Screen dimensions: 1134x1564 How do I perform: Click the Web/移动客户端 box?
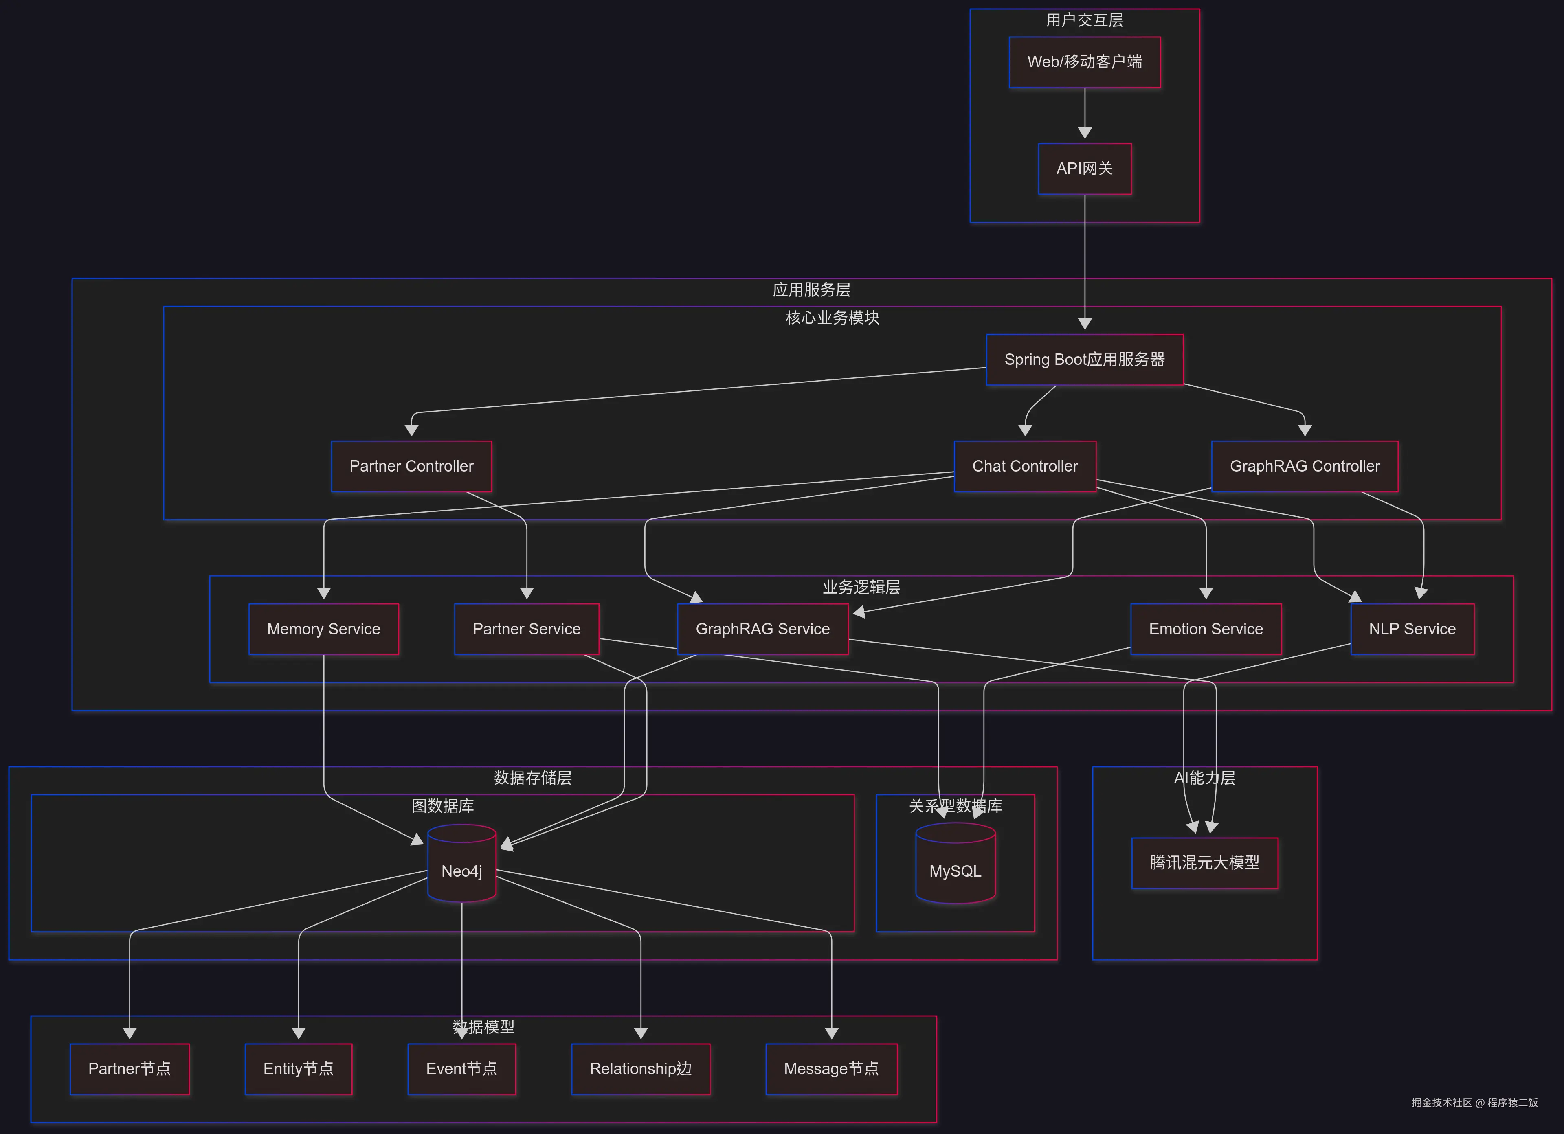tap(1084, 62)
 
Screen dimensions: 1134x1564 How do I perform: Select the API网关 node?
tap(1084, 169)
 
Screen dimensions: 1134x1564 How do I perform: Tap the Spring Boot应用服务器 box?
tap(1084, 360)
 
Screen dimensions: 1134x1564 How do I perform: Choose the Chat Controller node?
tap(1025, 467)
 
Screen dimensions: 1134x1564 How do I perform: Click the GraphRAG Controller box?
tap(1304, 467)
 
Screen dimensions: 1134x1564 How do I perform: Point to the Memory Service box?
tap(323, 630)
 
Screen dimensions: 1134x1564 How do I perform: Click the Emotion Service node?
tap(1206, 630)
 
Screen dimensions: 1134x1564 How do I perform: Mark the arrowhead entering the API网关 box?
tap(1085, 133)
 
